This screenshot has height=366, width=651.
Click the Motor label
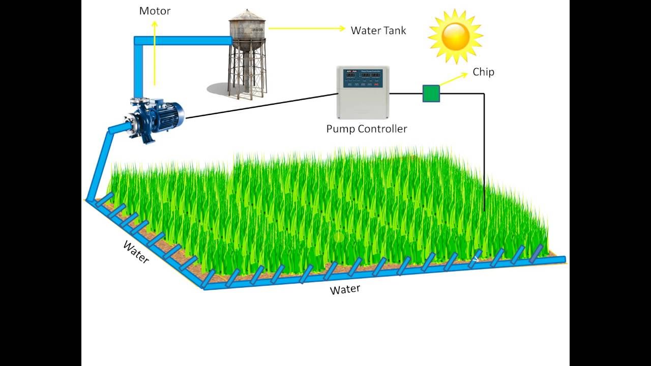pyautogui.click(x=155, y=11)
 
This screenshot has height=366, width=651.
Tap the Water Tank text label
pyautogui.click(x=378, y=30)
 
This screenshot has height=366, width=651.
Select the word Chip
pyautogui.click(x=483, y=72)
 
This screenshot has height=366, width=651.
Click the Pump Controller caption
pyautogui.click(x=367, y=129)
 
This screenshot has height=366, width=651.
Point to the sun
pyautogui.click(x=455, y=36)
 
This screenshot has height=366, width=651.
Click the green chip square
pyautogui.click(x=431, y=94)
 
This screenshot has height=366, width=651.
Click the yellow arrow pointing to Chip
pyautogui.click(x=454, y=79)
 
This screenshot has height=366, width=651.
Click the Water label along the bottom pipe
pyautogui.click(x=345, y=290)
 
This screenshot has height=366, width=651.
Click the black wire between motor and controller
pyautogui.click(x=259, y=106)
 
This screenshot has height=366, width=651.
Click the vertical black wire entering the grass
pyautogui.click(x=484, y=152)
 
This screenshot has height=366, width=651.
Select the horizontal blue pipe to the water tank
pyautogui.click(x=183, y=40)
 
